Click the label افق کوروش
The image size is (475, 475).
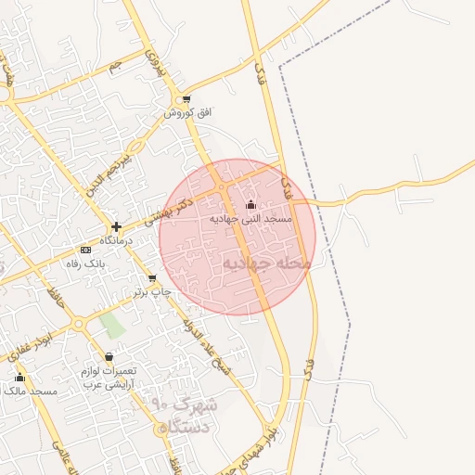point(188,112)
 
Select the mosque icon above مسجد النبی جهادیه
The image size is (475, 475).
point(250,205)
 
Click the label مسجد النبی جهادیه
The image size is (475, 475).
point(250,218)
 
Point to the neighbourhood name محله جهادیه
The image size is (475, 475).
point(265,263)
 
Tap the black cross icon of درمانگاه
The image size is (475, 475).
point(116,226)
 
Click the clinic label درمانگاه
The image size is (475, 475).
point(117,240)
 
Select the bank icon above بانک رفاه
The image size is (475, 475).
point(86,250)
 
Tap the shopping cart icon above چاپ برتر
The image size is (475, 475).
point(152,277)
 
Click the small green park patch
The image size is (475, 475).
point(112,326)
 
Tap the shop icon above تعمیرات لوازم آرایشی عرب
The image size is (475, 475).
point(109,356)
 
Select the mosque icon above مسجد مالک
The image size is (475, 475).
point(19,378)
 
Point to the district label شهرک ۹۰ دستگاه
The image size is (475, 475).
point(184,417)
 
